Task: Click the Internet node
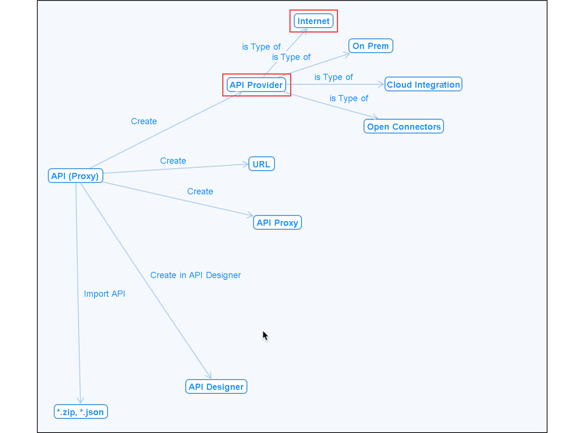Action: click(313, 21)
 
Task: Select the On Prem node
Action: click(371, 46)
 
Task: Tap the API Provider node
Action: click(256, 85)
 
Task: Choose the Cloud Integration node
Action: click(423, 84)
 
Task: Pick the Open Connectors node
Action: click(404, 126)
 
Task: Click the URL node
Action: click(261, 164)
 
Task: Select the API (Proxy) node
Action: click(75, 176)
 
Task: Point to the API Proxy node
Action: click(277, 223)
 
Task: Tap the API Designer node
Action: click(216, 387)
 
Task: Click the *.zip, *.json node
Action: click(81, 412)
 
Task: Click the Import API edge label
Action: click(104, 293)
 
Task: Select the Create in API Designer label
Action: click(195, 275)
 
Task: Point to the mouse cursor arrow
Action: click(265, 336)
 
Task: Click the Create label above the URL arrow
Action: click(173, 161)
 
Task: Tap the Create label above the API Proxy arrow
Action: click(200, 191)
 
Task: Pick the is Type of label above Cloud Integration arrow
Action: click(334, 77)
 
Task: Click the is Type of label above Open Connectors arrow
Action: click(349, 98)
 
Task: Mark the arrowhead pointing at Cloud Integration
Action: click(381, 84)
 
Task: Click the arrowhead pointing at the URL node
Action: click(245, 164)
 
